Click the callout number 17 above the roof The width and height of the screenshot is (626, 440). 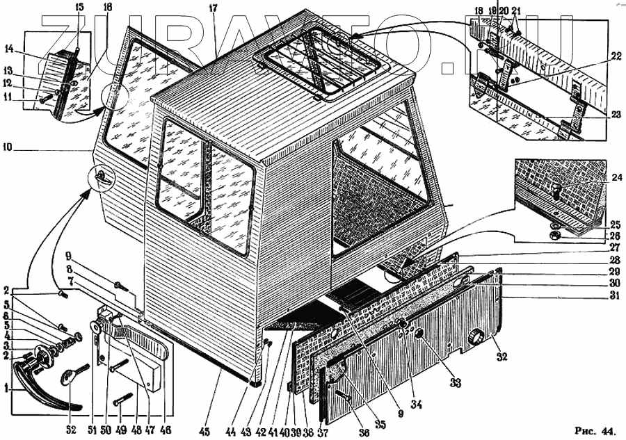pos(214,8)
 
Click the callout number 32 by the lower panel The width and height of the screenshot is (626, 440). pos(501,357)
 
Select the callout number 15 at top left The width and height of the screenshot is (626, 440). pos(79,7)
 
